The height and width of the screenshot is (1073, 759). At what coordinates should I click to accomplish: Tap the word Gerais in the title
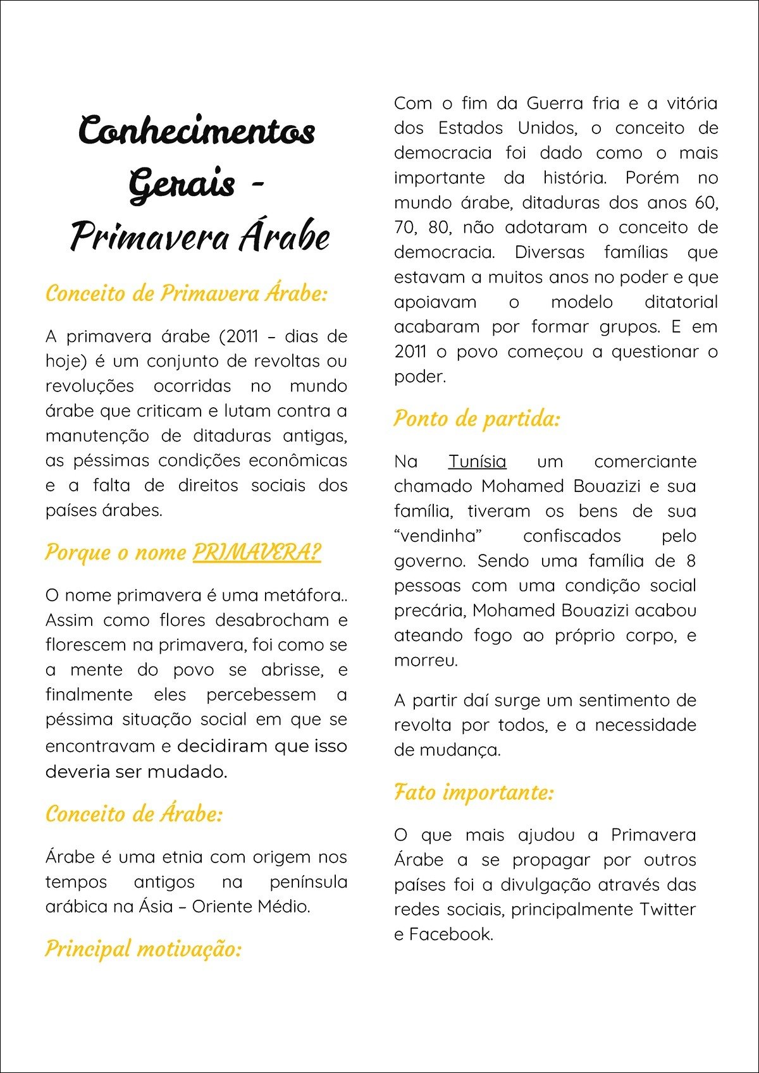click(182, 185)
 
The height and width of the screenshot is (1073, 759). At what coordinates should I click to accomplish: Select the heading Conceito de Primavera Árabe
click(187, 293)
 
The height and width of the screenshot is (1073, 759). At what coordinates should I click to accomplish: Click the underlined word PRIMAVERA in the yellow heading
click(256, 552)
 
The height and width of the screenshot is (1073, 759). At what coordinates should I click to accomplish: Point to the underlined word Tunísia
click(477, 462)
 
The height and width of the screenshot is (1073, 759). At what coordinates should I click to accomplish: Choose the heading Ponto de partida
click(477, 419)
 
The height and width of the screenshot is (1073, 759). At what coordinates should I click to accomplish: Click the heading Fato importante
click(474, 792)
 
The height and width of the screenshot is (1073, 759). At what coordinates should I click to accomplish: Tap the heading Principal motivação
click(144, 948)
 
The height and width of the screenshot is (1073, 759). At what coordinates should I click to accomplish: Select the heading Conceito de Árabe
click(134, 814)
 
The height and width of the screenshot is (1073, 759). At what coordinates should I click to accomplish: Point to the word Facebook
click(450, 935)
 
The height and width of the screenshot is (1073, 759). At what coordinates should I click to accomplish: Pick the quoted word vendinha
click(438, 536)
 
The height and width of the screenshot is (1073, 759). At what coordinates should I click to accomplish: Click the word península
click(308, 882)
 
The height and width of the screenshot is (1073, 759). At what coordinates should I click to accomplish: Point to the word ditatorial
click(681, 302)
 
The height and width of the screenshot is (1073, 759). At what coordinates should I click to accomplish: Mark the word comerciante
click(645, 462)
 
